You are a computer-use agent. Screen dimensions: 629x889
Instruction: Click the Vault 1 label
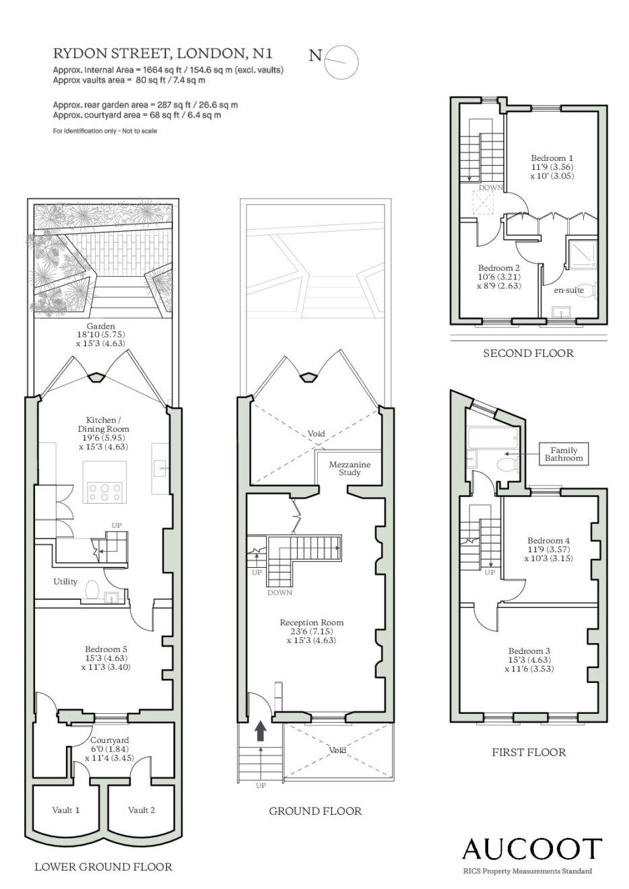coord(66,810)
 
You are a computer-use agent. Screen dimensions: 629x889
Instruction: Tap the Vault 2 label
coord(141,810)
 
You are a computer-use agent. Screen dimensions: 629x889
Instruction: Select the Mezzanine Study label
coord(350,468)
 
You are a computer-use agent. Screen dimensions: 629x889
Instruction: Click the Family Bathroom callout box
coord(564,454)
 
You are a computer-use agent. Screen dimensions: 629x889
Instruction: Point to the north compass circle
coord(341,61)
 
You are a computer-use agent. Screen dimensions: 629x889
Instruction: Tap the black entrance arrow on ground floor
coord(261,731)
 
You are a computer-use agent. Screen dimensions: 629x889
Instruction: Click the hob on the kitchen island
coord(105,492)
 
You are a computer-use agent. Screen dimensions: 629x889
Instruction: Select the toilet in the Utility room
coord(92,589)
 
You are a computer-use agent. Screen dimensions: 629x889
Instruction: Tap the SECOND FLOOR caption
coord(528,353)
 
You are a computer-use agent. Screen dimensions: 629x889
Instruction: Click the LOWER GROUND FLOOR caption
coord(104,866)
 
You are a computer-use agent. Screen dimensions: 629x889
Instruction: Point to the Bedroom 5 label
coord(106,649)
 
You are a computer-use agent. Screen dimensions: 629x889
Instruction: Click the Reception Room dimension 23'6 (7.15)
coord(312,631)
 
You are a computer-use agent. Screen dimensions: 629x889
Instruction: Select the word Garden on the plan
coord(101,326)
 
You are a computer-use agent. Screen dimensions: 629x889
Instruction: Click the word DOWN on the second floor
coord(490,187)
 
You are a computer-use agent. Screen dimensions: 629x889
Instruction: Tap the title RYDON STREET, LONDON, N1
coord(163,53)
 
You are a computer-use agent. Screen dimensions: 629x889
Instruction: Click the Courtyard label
coord(110,739)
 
